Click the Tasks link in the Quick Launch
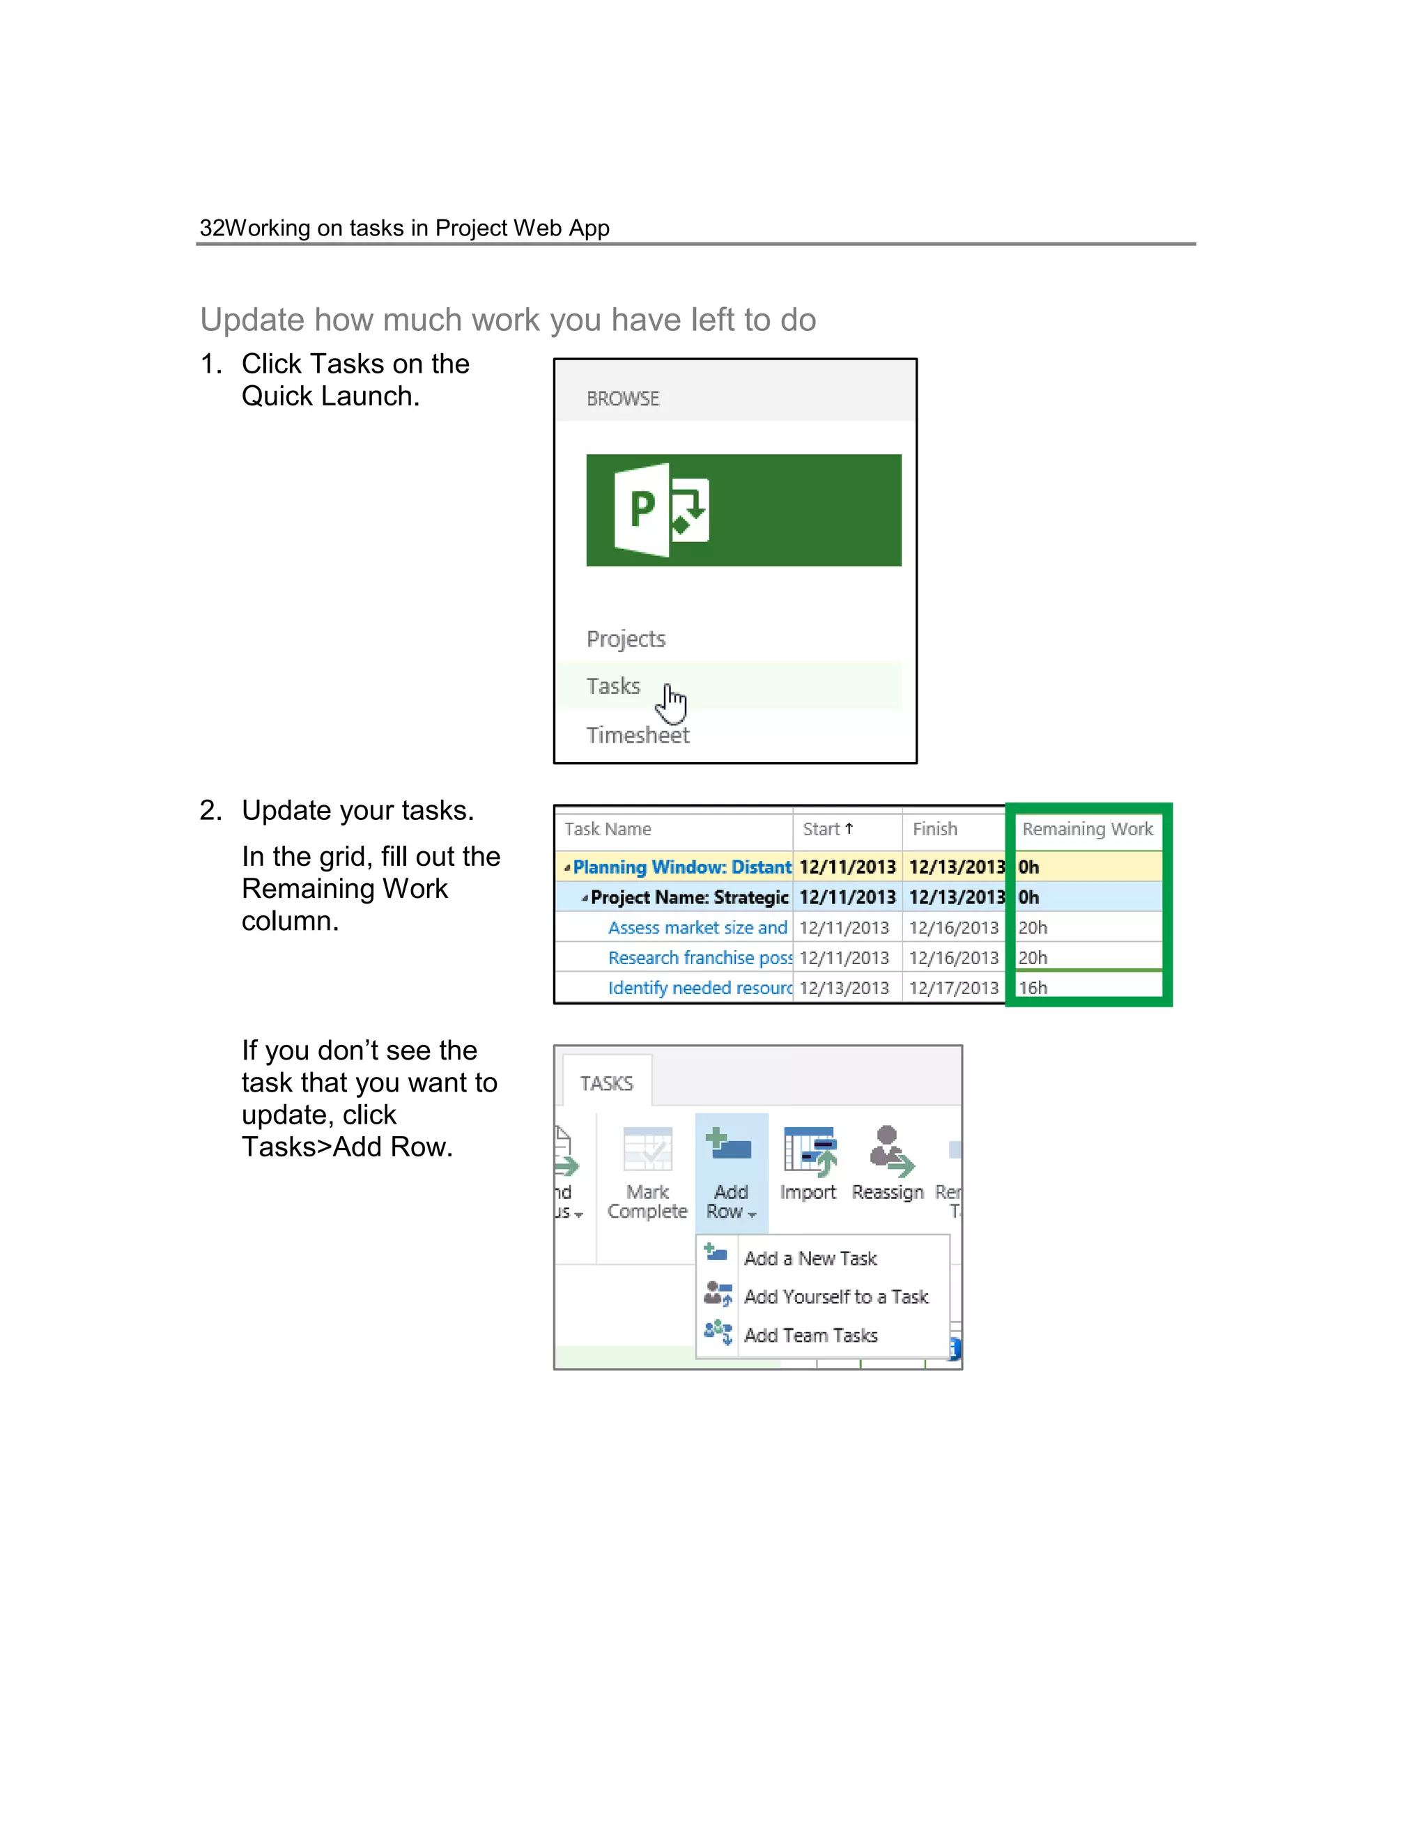click(x=613, y=685)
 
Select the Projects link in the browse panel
click(x=626, y=638)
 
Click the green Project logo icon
click(x=661, y=510)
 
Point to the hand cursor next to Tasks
click(x=673, y=704)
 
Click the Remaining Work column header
click(x=1086, y=828)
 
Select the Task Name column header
click(x=607, y=828)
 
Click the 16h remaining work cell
click(x=1033, y=987)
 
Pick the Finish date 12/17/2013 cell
click(x=954, y=987)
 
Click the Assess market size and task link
click(x=697, y=927)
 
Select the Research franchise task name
click(x=699, y=958)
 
